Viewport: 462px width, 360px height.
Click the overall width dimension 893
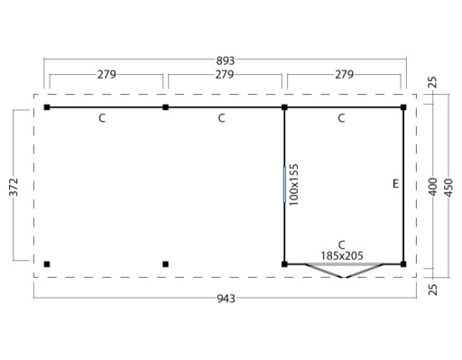pos(226,60)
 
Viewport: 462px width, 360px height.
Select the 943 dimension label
pos(226,299)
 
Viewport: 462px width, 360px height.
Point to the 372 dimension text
pos(14,187)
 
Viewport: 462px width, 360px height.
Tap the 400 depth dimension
pos(432,187)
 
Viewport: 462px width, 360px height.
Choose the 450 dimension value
pos(448,188)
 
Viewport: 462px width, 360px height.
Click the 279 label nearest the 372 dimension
pos(106,74)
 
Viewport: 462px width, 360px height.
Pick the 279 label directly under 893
pos(225,74)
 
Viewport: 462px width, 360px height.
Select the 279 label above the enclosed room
pos(345,74)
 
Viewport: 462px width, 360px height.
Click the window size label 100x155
pos(293,185)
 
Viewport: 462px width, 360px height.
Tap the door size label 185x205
pos(342,255)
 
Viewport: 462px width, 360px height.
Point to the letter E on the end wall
pos(396,183)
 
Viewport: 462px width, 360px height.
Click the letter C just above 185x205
pos(341,245)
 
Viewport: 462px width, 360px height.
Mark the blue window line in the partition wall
pos(284,185)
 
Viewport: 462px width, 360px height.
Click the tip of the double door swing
pos(344,278)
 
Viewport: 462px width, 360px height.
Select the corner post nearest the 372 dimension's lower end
pos(47,264)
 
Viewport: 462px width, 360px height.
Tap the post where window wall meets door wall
pos(284,264)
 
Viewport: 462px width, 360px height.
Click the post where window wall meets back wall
pos(284,107)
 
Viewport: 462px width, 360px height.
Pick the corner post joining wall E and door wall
pos(403,264)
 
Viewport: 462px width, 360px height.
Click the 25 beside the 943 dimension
pos(432,290)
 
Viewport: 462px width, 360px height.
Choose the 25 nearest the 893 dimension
pos(432,82)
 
